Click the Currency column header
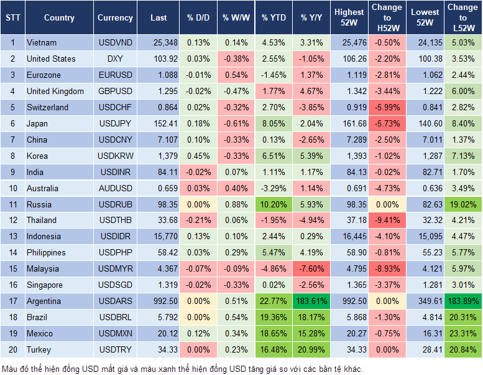click(x=115, y=18)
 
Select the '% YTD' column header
click(x=274, y=18)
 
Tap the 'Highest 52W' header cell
click(x=349, y=18)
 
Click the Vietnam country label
click(x=42, y=43)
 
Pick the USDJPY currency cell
click(x=115, y=123)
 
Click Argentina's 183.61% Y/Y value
click(x=312, y=301)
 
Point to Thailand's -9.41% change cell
click(x=387, y=220)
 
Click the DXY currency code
click(x=115, y=59)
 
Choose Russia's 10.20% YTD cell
click(x=274, y=204)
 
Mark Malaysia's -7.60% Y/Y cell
click(x=312, y=269)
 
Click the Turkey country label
click(x=39, y=350)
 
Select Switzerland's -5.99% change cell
click(x=387, y=107)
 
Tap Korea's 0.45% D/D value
click(x=198, y=156)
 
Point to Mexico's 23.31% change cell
click(x=463, y=334)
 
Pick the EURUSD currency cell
click(x=115, y=75)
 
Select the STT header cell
click(x=12, y=18)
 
